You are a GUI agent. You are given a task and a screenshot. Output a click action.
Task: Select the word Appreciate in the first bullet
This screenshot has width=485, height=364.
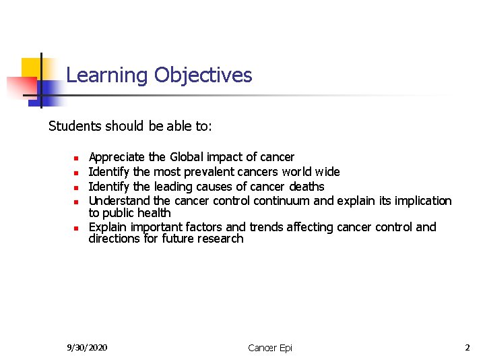point(117,157)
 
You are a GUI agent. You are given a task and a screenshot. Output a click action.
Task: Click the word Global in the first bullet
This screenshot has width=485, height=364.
point(187,157)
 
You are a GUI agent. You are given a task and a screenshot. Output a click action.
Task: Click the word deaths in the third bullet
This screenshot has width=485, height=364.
point(306,187)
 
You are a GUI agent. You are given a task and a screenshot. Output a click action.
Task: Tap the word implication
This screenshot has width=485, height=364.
point(420,201)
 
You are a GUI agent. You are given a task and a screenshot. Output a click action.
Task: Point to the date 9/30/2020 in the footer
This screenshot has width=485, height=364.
point(87,347)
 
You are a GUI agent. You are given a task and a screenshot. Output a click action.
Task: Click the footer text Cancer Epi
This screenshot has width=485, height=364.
point(270,348)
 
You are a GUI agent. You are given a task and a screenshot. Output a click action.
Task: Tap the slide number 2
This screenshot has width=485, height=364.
point(467,347)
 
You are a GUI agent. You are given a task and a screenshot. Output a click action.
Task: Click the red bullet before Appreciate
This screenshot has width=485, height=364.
point(77,158)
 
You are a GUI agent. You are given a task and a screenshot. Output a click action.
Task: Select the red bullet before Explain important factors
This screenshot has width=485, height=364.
point(77,229)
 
